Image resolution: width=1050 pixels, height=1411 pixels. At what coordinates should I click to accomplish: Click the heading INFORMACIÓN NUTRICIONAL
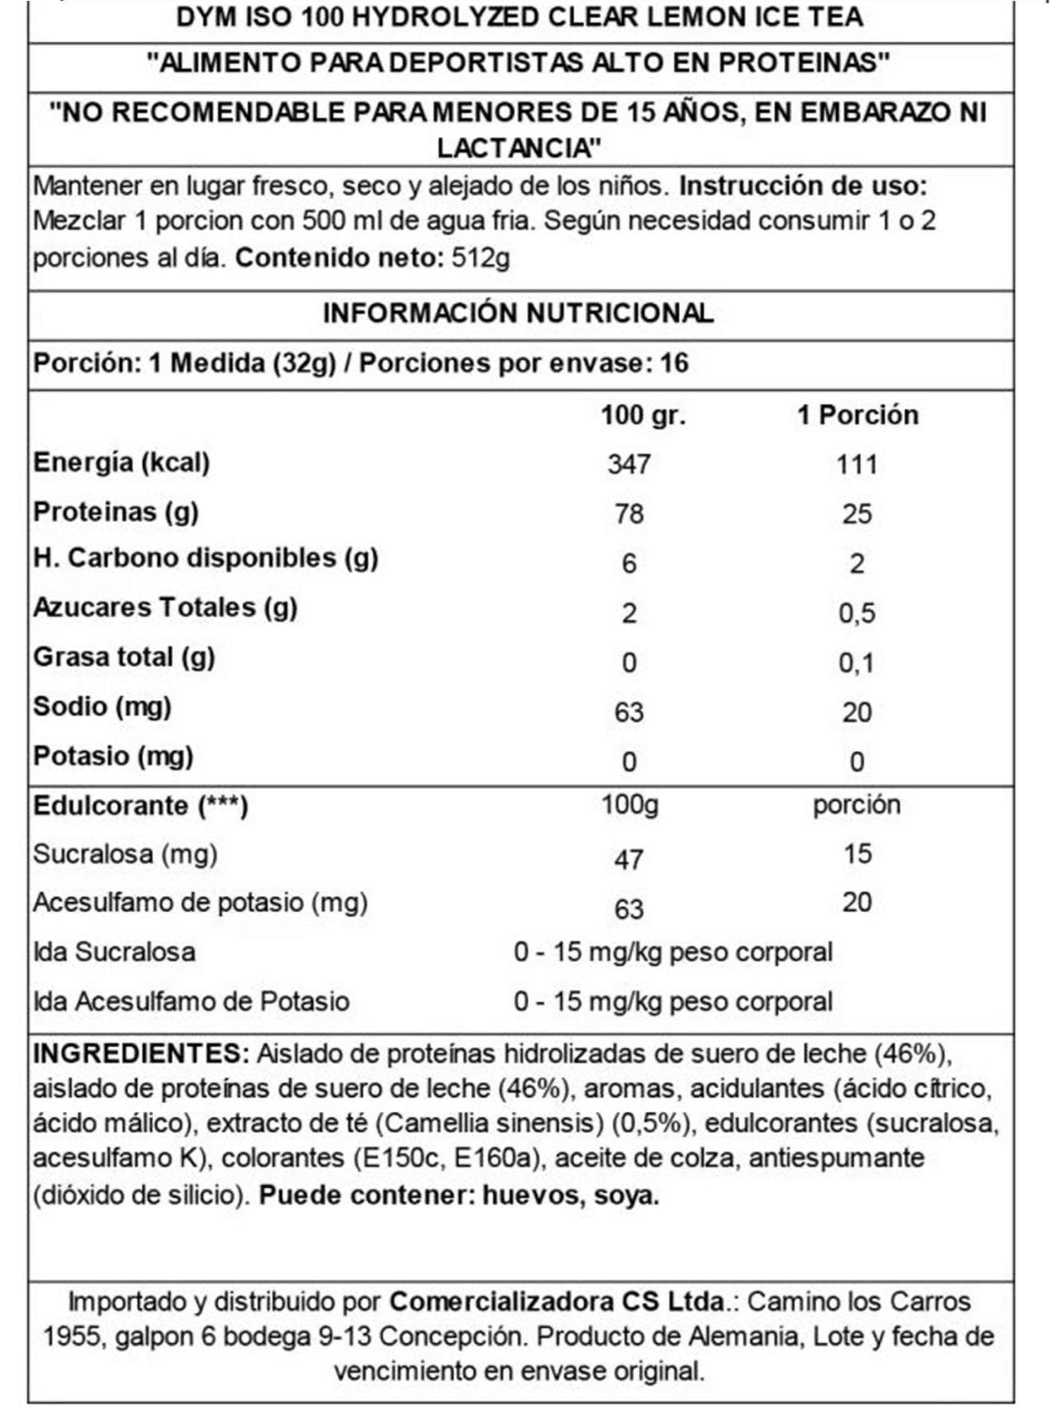518,314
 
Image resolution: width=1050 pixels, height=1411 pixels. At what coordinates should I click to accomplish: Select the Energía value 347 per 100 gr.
628,464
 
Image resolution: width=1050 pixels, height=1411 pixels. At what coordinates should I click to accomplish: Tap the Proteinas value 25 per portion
856,514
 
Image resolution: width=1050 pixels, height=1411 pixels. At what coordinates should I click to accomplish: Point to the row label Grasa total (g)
124,657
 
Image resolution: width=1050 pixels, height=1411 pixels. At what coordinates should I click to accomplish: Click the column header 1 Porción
858,415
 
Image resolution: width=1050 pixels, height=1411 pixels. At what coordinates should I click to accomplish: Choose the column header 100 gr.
643,415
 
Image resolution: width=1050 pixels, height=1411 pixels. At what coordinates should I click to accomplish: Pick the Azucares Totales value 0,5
857,613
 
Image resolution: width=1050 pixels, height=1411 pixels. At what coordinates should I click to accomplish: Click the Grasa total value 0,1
857,663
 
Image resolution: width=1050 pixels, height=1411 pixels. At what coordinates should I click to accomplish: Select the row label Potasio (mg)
113,756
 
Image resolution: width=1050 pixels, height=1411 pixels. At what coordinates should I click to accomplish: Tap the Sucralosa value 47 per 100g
628,859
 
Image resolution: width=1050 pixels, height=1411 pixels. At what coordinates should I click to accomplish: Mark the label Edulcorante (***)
141,806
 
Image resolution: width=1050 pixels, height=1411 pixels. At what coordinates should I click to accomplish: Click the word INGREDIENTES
141,1053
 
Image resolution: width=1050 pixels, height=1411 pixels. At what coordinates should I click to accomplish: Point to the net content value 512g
481,258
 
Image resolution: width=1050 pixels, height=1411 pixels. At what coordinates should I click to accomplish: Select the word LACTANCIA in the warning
519,148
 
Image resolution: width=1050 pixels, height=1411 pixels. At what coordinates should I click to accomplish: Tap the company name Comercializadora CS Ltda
556,1301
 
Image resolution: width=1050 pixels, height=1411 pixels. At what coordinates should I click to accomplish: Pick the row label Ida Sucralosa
115,952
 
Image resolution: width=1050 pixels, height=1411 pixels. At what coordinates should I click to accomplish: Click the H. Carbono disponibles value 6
628,564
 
